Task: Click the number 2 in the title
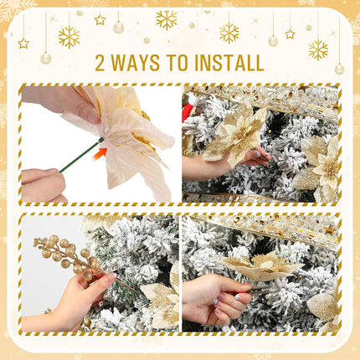(x=101, y=63)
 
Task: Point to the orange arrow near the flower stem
(x=100, y=154)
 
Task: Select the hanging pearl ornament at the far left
(x=45, y=58)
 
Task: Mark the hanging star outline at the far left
(x=23, y=43)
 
